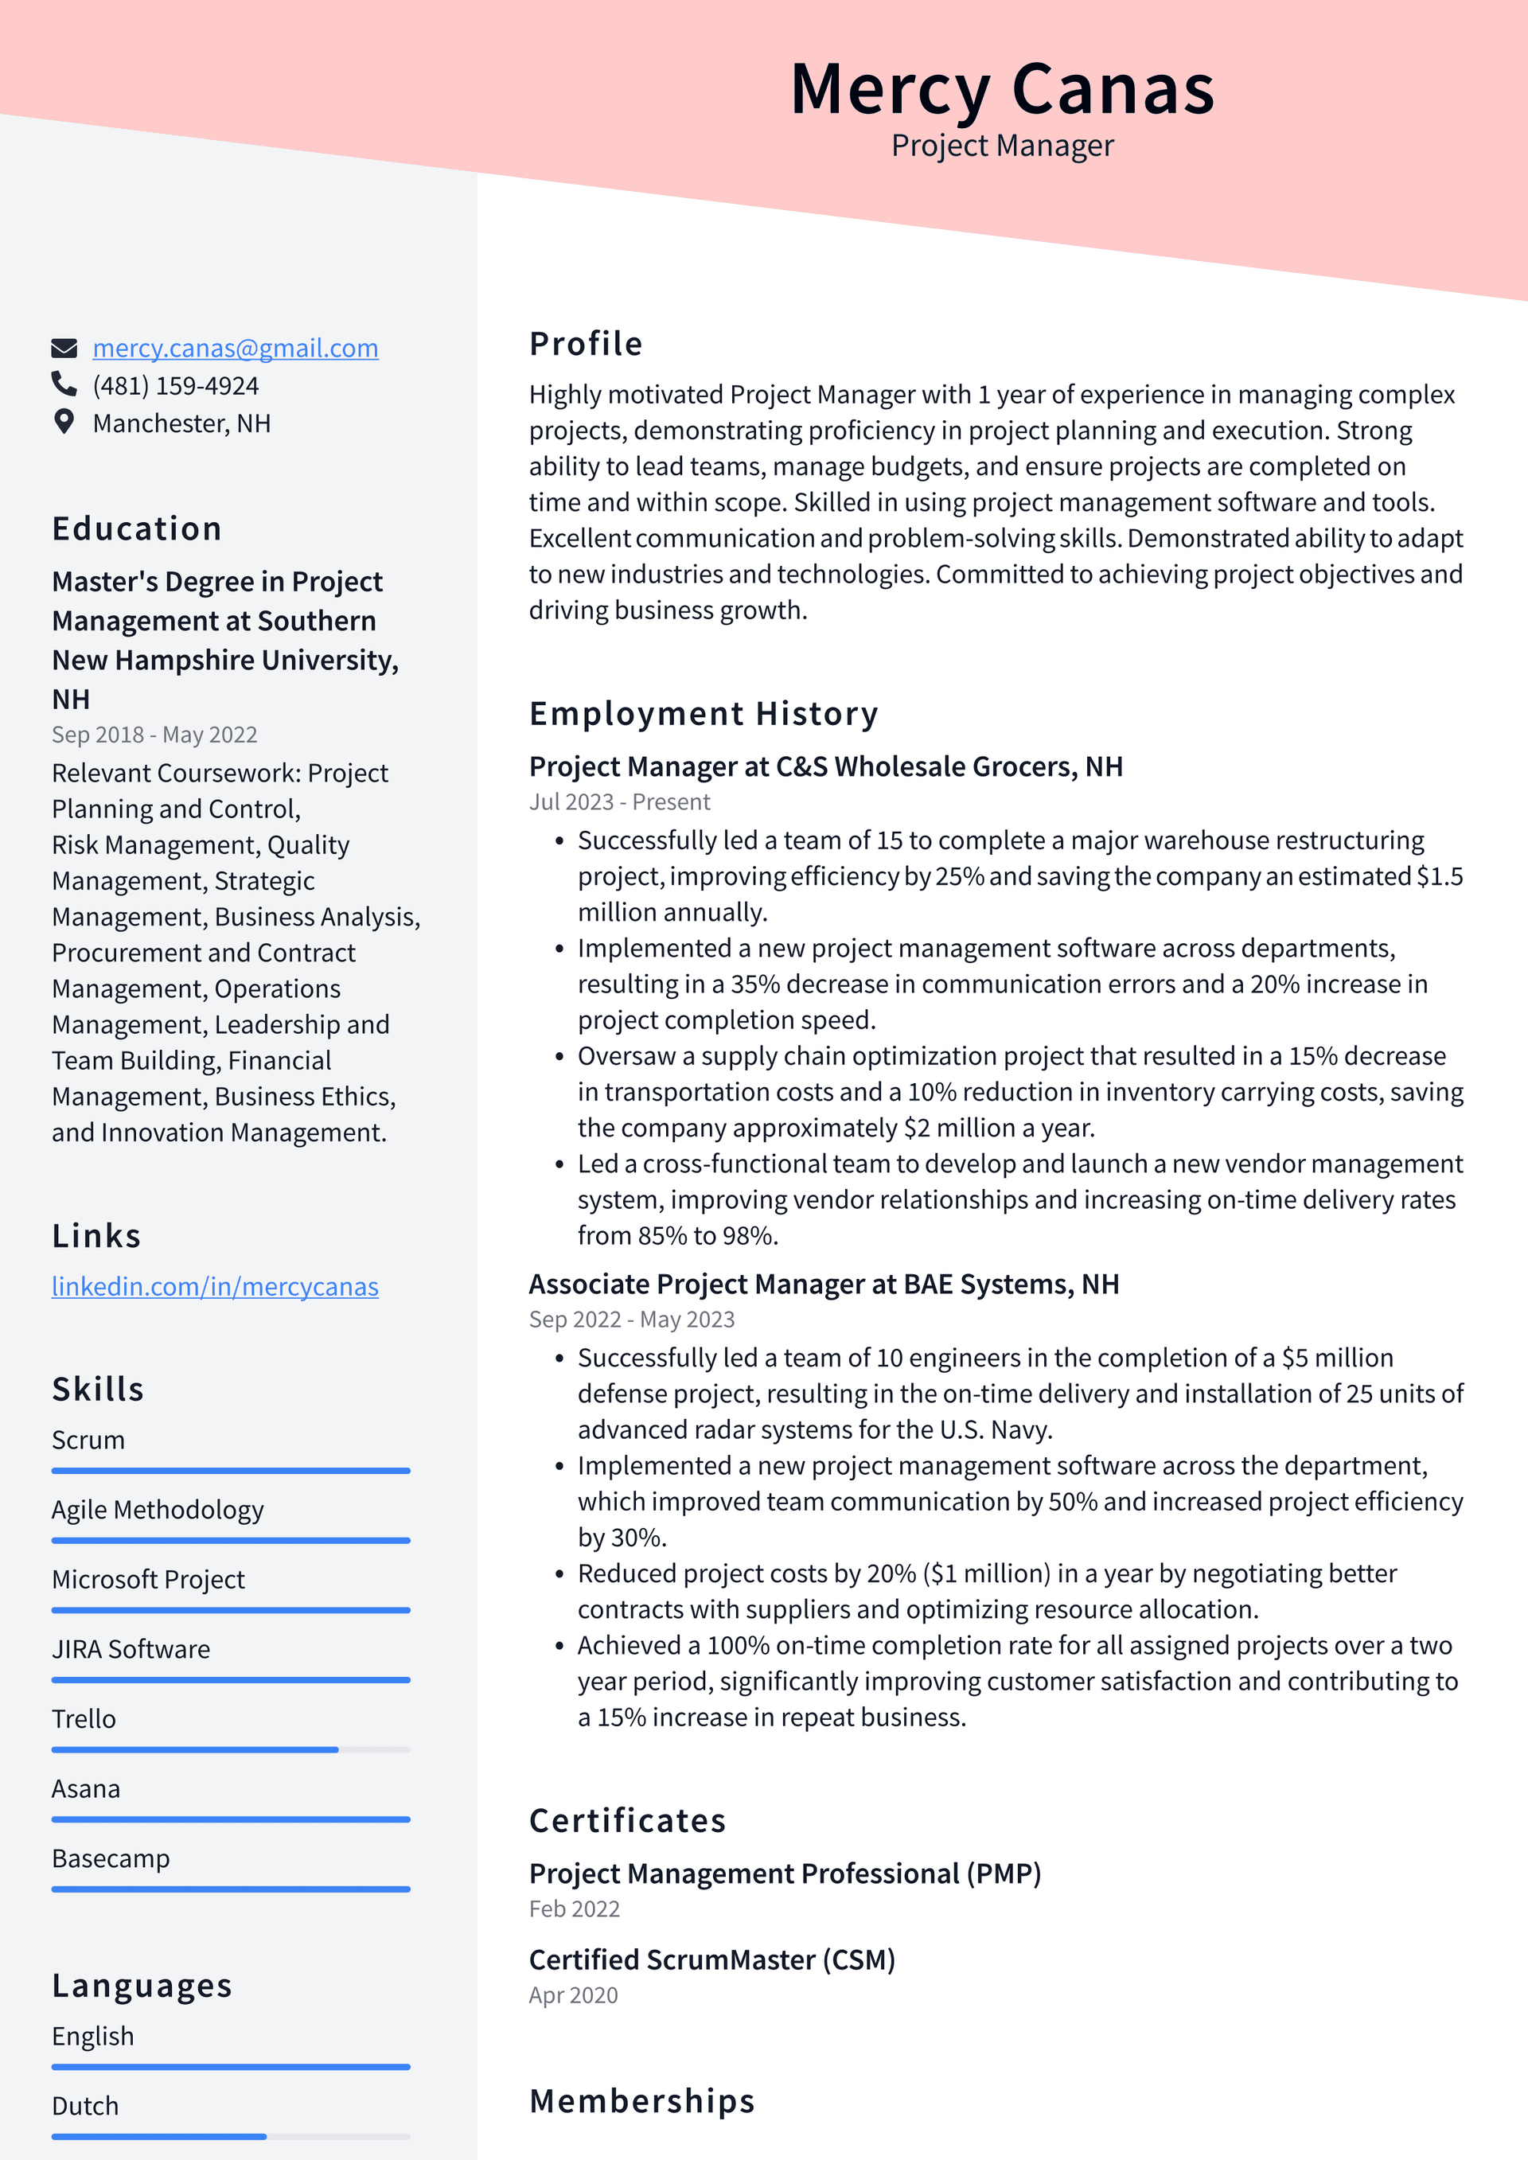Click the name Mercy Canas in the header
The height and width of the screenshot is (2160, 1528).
[x=1002, y=89]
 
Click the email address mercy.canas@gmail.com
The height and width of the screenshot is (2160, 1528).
[x=236, y=348]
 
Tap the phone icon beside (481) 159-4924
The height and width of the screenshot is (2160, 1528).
[x=63, y=384]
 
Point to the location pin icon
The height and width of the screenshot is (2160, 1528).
[x=63, y=422]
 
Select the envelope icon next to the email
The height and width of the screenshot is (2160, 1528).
[x=63, y=348]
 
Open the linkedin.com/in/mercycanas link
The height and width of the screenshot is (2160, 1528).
[x=215, y=1286]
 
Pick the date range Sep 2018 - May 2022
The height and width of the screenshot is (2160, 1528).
[x=154, y=735]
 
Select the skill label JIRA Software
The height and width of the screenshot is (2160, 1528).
[x=131, y=1649]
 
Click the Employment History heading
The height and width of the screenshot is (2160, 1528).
[x=703, y=714]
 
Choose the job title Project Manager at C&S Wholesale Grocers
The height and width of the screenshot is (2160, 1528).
[x=825, y=766]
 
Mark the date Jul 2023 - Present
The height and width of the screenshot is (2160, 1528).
[x=619, y=802]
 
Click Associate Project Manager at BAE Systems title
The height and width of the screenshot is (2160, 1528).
[x=823, y=1285]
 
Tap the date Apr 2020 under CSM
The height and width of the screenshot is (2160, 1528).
[x=573, y=1995]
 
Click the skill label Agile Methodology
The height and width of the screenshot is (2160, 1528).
[x=157, y=1510]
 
